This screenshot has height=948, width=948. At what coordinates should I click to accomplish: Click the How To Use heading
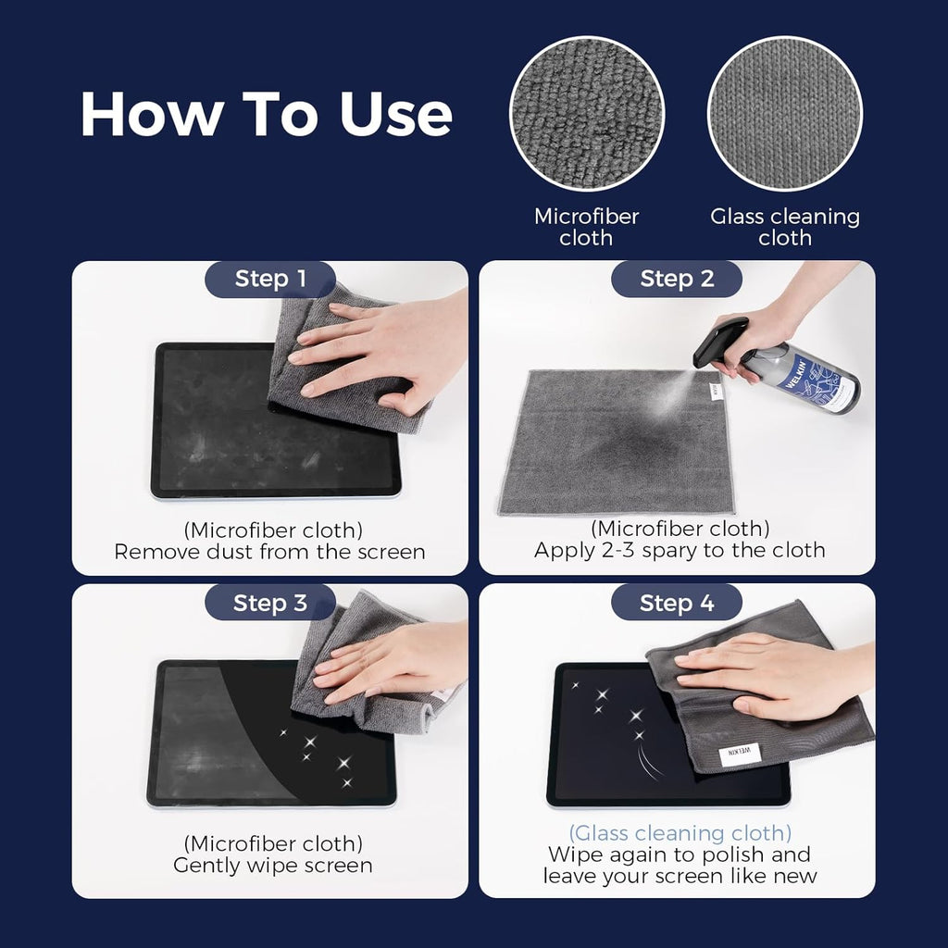(266, 114)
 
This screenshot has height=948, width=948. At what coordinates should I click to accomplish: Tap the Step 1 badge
(269, 279)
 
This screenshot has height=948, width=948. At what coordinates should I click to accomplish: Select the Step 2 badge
(677, 279)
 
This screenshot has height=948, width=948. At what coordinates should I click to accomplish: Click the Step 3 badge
(269, 603)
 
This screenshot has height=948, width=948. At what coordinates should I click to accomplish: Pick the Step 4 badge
(677, 604)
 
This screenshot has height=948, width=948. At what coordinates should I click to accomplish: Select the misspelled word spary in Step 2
(659, 550)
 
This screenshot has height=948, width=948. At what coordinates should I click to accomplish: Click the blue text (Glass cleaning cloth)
(680, 832)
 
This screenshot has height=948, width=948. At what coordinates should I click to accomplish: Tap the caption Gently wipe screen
(273, 866)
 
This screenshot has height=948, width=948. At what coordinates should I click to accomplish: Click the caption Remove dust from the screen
(269, 552)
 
